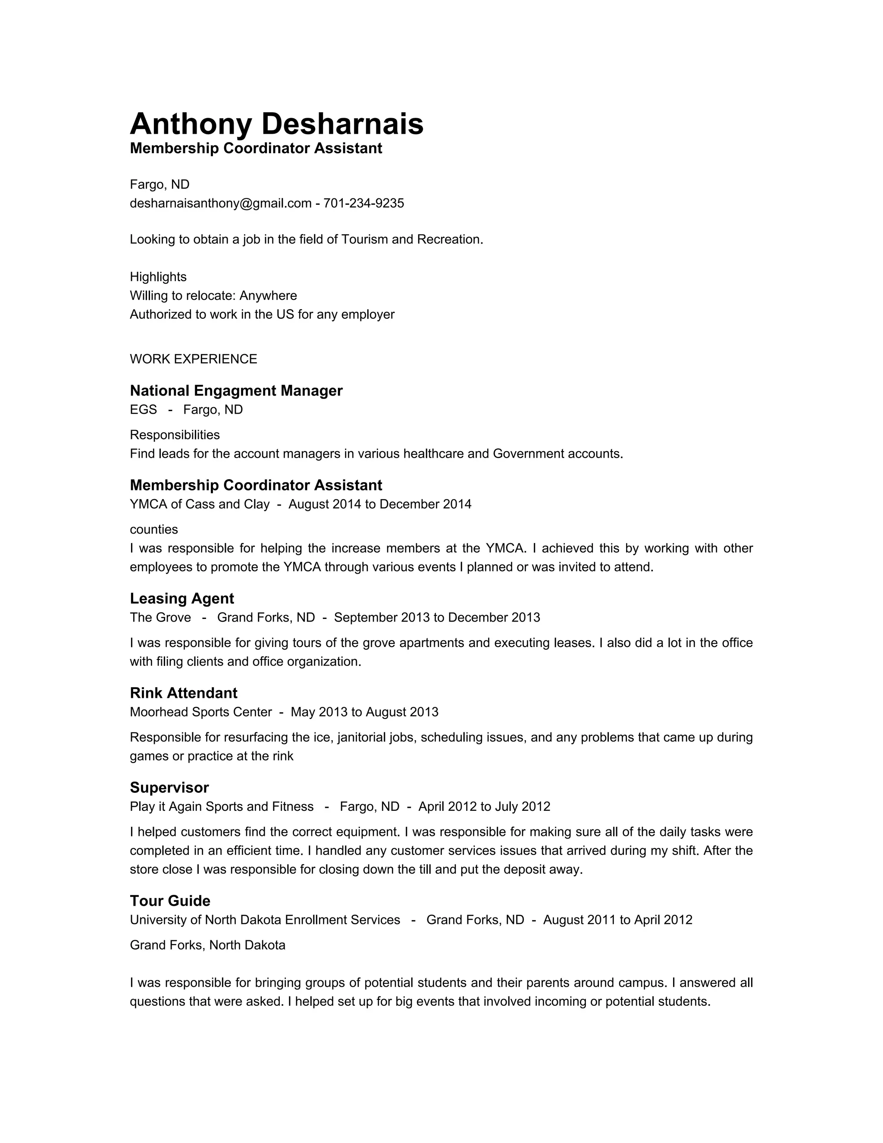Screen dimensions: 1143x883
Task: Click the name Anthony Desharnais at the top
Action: pos(276,124)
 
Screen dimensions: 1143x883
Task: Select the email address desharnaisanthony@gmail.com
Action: pos(220,203)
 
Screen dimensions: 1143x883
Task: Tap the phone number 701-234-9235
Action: pos(363,203)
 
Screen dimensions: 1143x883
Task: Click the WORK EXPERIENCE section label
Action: pos(193,359)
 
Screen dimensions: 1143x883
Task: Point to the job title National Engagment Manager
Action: pos(236,390)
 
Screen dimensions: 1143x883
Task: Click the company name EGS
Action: pos(143,409)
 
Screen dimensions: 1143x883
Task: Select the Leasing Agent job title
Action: pos(182,598)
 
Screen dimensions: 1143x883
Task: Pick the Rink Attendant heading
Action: pos(183,693)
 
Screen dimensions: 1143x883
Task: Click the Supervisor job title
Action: pos(169,788)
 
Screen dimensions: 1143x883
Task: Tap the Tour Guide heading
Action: pos(170,901)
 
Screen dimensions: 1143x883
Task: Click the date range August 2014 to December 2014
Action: pos(380,504)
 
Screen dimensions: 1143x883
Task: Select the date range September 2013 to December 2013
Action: pos(437,618)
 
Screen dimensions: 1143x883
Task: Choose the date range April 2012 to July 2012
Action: pos(484,807)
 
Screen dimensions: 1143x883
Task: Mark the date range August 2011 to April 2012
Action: pos(617,920)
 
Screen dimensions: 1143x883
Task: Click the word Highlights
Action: pos(158,276)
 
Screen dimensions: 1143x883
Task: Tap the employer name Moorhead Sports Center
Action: pos(201,712)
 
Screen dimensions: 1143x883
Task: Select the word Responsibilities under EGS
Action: pos(175,435)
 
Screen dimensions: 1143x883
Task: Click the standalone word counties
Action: pos(154,529)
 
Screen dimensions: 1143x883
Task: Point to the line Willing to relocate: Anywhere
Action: pos(213,296)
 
